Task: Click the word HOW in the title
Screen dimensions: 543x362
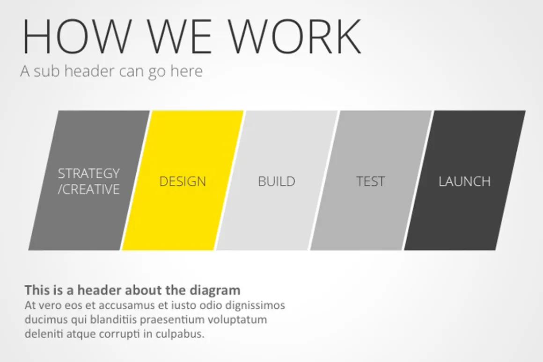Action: (x=76, y=36)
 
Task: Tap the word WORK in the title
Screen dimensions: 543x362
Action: (x=299, y=36)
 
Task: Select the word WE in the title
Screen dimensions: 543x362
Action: (x=179, y=36)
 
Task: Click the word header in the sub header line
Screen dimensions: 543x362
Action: (x=89, y=71)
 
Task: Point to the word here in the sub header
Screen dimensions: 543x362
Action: (x=186, y=71)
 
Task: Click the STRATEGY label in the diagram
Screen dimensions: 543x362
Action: (x=88, y=174)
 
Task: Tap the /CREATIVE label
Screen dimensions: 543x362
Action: (x=88, y=189)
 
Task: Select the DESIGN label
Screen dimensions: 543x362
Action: (x=183, y=181)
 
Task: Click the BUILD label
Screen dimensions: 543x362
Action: (x=276, y=181)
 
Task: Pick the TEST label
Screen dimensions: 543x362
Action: (x=371, y=181)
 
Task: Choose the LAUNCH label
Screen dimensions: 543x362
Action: (x=464, y=181)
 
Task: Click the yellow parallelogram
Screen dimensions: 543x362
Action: (x=183, y=180)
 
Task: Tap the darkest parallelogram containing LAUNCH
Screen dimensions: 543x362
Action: (x=465, y=180)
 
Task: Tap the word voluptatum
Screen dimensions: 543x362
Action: (x=237, y=320)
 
